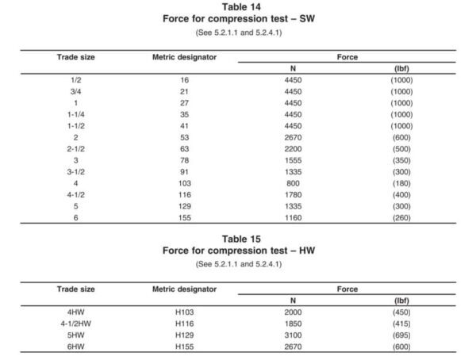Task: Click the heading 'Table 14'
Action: (x=238, y=7)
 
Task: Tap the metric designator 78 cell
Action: (x=184, y=159)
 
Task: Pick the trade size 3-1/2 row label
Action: (x=77, y=170)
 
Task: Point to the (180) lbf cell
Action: (x=401, y=182)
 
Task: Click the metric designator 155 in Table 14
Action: (x=184, y=216)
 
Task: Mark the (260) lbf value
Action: (x=401, y=216)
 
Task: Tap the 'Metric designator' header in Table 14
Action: (x=184, y=57)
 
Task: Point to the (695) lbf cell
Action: (x=401, y=335)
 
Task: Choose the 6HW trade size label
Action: (x=77, y=347)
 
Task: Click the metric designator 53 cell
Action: (x=184, y=136)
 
